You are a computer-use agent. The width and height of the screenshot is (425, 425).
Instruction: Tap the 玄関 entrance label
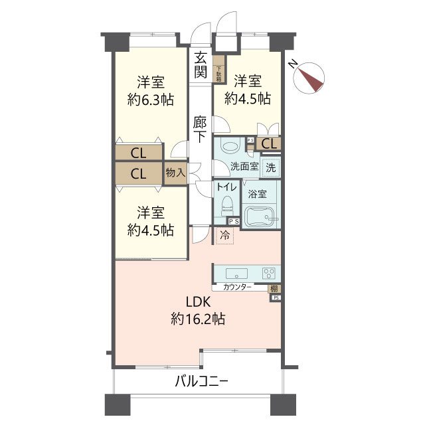[x=200, y=64]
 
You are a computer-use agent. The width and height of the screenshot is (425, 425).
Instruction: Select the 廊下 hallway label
[x=200, y=129]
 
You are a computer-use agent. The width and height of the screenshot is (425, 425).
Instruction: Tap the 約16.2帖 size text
[x=198, y=319]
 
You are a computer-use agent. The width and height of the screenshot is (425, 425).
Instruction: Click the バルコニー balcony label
[x=202, y=382]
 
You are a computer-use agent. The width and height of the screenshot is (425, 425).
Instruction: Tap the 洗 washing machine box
[x=270, y=167]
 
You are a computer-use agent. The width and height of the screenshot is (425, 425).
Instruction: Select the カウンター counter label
[x=237, y=287]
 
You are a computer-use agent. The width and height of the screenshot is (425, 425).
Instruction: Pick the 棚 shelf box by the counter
[x=274, y=288]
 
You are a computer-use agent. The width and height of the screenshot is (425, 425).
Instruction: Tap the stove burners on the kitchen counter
[x=269, y=272]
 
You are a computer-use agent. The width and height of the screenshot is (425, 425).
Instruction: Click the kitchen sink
[x=237, y=272]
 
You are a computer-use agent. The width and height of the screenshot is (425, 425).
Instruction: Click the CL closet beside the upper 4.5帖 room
[x=270, y=143]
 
